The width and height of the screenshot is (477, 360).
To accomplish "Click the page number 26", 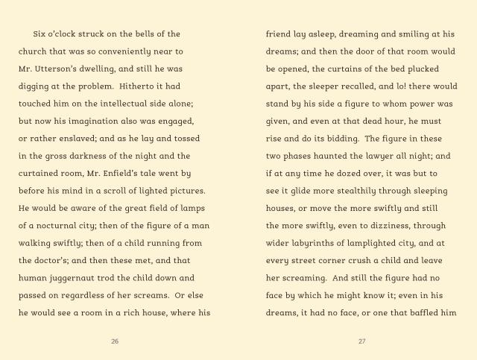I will tap(114, 341).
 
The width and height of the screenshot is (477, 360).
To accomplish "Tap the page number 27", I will tap(362, 341).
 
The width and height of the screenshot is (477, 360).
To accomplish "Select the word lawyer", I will tap(380, 157).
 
